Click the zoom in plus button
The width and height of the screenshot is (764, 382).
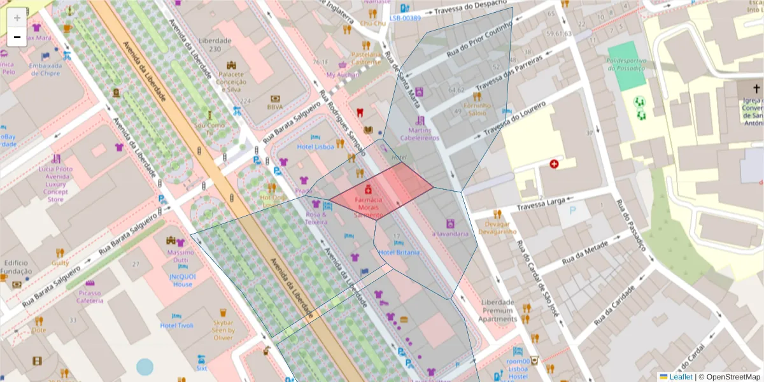point(17,17)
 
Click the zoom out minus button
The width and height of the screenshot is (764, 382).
point(17,37)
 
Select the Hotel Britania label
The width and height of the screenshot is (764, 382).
point(399,253)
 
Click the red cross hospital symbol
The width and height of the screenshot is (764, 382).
point(554,164)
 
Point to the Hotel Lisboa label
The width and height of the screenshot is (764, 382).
point(315,146)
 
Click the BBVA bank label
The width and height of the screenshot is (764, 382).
point(275,108)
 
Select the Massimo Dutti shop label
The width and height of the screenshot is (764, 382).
point(180,257)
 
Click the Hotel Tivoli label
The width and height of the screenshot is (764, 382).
point(176,325)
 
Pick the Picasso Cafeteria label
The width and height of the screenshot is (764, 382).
point(90,296)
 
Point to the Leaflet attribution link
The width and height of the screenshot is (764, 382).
point(681,377)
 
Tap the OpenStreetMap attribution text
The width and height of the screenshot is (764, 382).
point(729,377)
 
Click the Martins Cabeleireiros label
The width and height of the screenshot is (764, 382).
point(420,134)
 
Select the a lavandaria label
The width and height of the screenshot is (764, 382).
point(451,234)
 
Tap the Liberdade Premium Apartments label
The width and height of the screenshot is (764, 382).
point(498,310)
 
